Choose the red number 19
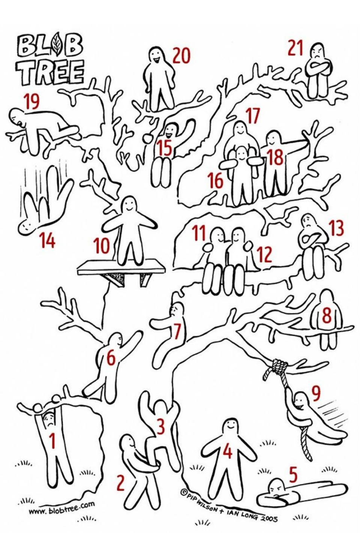point(32,102)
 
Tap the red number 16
point(216,180)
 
